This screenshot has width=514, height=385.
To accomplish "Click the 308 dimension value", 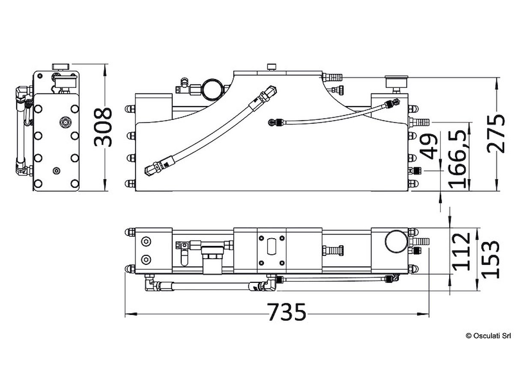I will [103, 127].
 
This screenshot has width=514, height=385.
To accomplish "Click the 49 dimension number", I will [430, 146].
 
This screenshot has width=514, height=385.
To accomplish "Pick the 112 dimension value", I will [462, 251].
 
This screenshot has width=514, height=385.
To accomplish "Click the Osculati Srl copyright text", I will [488, 336].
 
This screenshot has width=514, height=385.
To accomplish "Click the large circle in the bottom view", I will [396, 242].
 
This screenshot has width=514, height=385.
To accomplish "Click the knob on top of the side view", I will [60, 66].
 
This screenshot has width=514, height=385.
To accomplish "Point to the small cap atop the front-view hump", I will [271, 66].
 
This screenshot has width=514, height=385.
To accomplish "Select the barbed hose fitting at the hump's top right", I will [332, 77].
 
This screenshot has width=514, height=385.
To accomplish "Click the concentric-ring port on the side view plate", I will [65, 122].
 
